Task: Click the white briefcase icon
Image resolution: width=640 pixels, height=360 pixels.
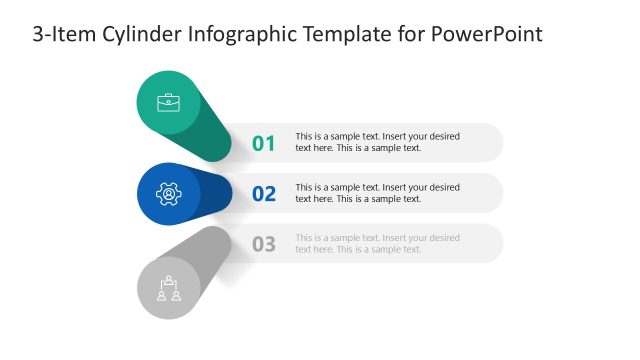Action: pyautogui.click(x=169, y=102)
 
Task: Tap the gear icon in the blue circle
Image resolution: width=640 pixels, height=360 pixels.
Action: pyautogui.click(x=169, y=193)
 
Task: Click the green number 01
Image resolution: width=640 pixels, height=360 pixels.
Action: pyautogui.click(x=263, y=143)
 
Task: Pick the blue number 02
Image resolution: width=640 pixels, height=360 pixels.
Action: pyautogui.click(x=263, y=193)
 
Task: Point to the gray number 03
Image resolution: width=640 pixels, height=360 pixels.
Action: pyautogui.click(x=263, y=243)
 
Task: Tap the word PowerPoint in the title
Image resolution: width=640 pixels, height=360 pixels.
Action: pyautogui.click(x=487, y=35)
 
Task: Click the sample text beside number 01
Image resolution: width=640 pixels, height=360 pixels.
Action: pyautogui.click(x=377, y=142)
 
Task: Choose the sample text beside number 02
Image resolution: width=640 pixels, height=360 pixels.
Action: pyautogui.click(x=377, y=193)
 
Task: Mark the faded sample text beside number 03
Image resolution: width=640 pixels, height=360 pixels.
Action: pyautogui.click(x=377, y=243)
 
